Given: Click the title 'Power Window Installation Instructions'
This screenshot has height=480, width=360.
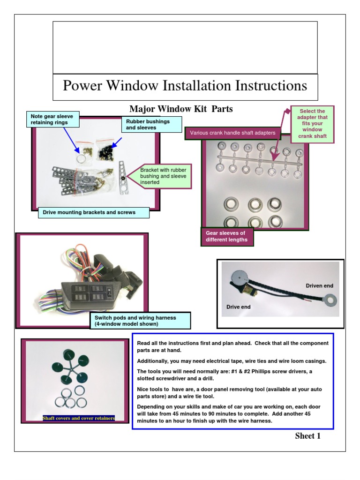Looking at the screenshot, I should pos(185,86).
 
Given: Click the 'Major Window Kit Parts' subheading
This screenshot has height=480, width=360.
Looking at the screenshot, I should pos(181,109).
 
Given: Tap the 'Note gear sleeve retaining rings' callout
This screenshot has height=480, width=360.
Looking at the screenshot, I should pos(52,120).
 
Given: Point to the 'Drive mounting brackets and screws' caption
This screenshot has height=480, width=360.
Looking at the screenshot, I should pos(93,212).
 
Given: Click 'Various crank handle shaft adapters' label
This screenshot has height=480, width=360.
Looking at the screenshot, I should pos(232,133).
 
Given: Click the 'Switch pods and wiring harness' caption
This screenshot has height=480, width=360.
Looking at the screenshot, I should pos(140,321).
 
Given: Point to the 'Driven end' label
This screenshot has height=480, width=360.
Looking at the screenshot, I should pos(319,285).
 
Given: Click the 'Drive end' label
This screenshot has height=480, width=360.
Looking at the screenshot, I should pos(238,307).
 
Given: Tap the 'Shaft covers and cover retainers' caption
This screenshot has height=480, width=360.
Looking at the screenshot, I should pos(78,418).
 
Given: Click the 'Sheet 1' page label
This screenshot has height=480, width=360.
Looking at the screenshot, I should pos(307,436).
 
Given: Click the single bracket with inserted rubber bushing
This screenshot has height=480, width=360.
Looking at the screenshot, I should pos(123,177).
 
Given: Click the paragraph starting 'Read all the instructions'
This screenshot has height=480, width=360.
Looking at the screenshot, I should pos(232,347).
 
